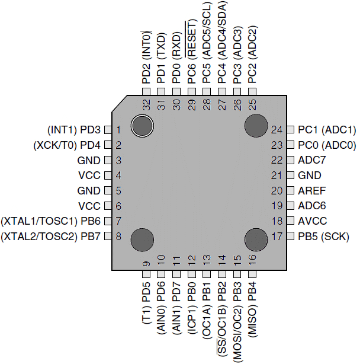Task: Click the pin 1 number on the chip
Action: coord(118,129)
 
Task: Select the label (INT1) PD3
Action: coord(73,129)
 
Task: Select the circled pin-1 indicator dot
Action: coord(143,126)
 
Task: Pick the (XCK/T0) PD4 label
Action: coord(67,145)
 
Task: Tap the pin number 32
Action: coord(146,104)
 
